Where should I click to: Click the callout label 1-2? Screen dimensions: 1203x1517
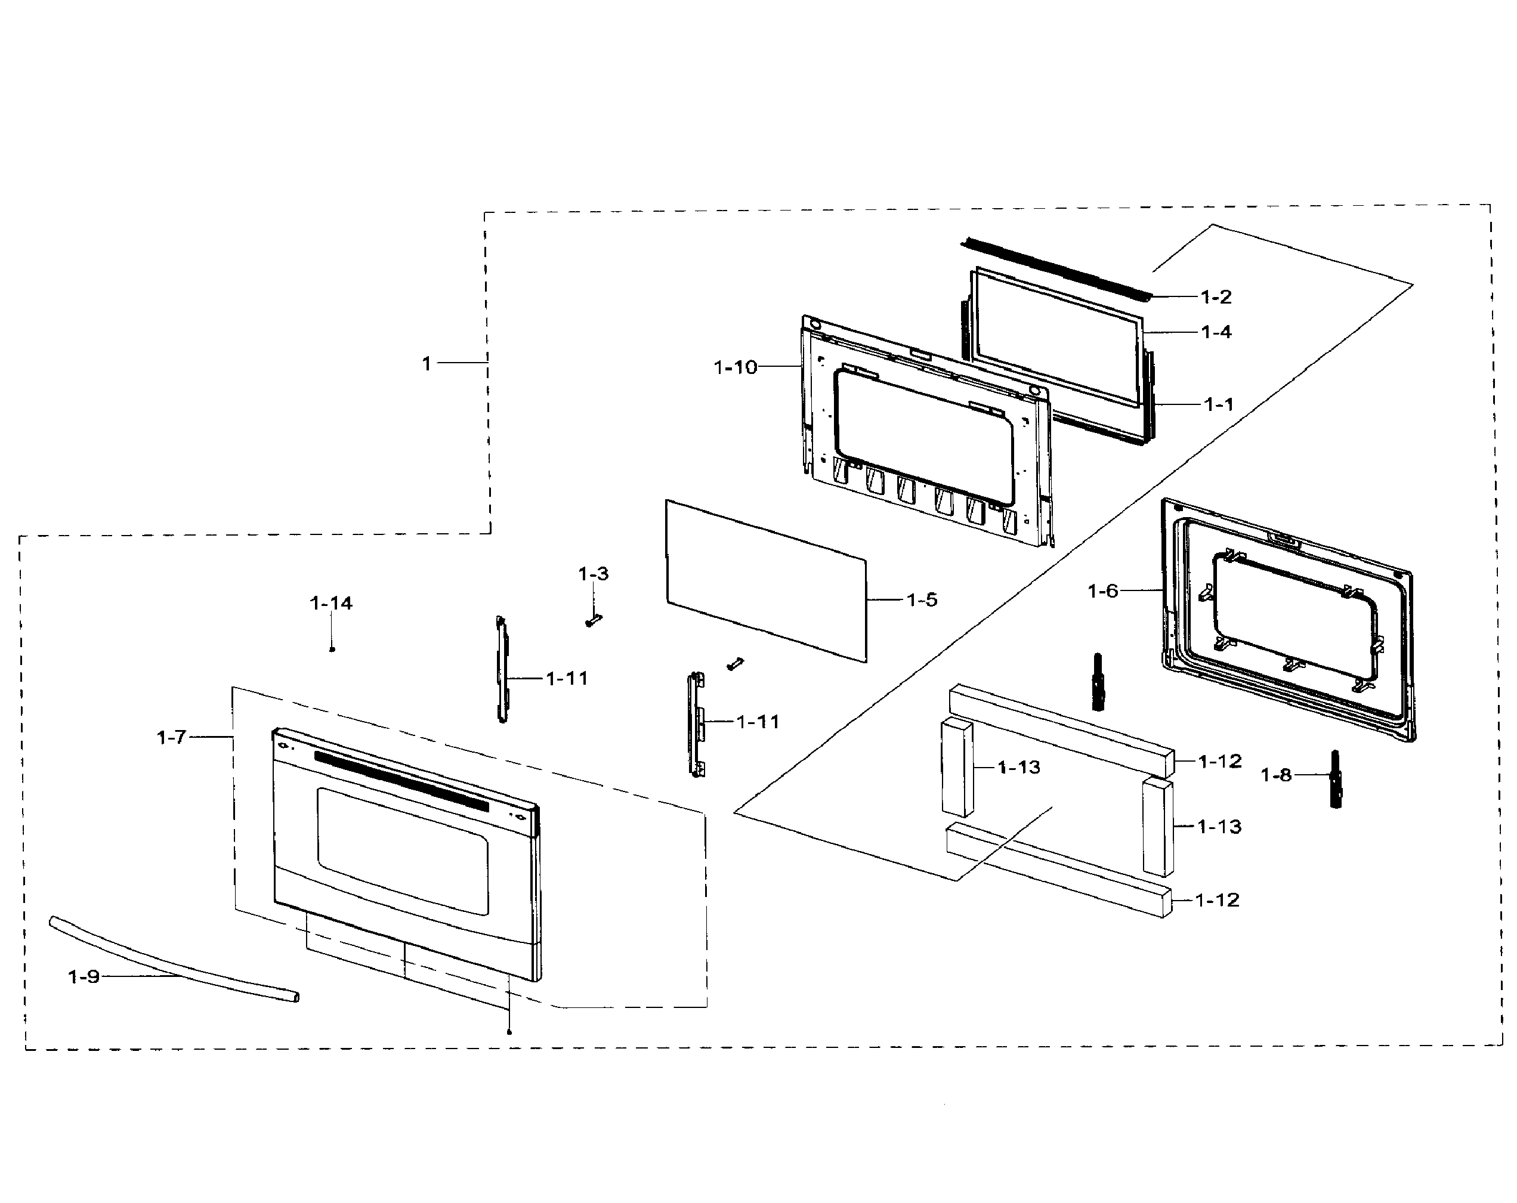1216,297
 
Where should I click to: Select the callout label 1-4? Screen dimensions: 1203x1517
1216,332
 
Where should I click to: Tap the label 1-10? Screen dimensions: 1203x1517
736,367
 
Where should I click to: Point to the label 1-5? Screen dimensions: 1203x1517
922,600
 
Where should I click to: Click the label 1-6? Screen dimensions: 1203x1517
1102,591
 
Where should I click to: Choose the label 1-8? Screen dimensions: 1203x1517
1275,775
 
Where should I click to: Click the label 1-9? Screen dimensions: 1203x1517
83,976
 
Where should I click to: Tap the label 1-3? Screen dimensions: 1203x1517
593,574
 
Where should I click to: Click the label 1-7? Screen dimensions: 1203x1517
171,737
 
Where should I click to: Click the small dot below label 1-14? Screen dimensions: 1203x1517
332,650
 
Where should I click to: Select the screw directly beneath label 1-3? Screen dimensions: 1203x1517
593,621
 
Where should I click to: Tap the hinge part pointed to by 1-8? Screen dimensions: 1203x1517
1335,780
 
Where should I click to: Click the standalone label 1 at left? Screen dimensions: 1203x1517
427,364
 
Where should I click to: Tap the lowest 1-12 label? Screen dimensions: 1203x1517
1218,900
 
